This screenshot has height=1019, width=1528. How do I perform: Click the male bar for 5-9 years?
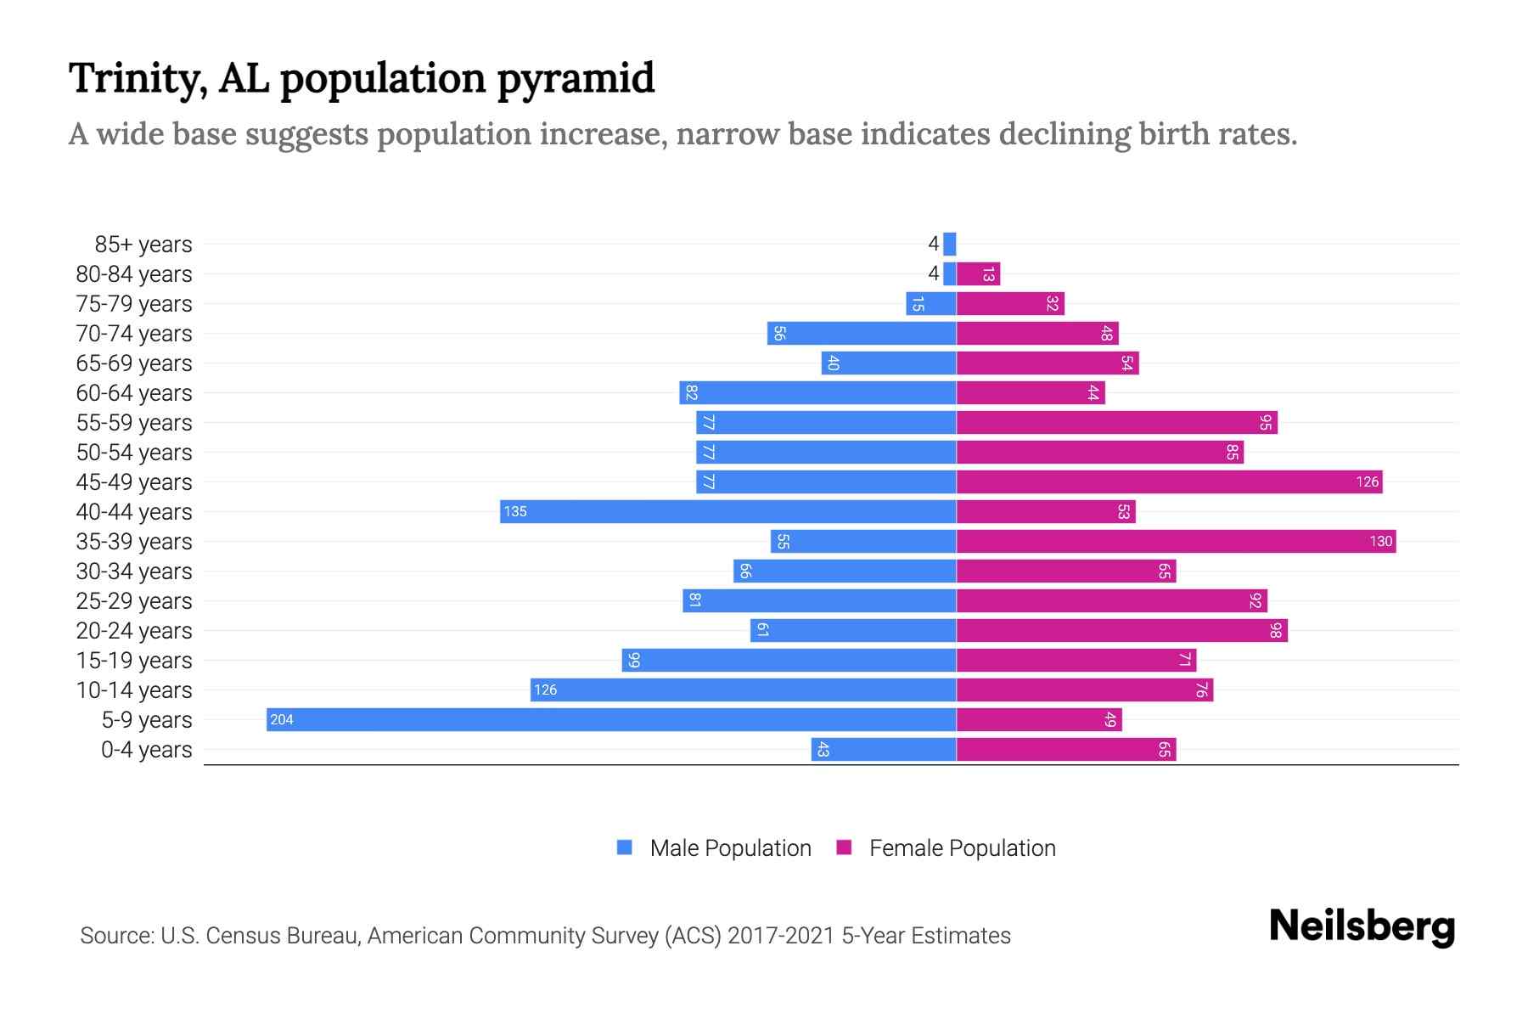(611, 719)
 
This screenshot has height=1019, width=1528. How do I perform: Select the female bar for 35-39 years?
(1176, 541)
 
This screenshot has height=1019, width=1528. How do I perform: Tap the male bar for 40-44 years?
(727, 511)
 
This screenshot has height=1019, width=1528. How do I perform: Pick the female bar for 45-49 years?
(1169, 481)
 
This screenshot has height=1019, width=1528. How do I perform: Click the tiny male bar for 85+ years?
(949, 244)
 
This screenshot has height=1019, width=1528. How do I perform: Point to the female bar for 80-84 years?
(978, 273)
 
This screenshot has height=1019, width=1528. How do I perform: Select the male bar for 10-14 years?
(743, 690)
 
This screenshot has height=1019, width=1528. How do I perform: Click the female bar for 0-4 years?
(1065, 749)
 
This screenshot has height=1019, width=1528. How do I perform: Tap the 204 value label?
(281, 720)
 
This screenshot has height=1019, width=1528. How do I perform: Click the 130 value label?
(1380, 542)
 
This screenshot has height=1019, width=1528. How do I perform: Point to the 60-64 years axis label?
(134, 393)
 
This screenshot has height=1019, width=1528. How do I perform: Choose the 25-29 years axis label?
(134, 601)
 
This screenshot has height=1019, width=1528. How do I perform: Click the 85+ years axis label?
(143, 245)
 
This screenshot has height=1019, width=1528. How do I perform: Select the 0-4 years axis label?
(146, 750)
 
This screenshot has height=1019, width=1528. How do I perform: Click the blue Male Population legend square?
(625, 847)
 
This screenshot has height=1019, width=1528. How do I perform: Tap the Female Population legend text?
(962, 847)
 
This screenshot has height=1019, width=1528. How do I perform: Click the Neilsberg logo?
(1362, 926)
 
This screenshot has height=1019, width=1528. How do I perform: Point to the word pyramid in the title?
(576, 79)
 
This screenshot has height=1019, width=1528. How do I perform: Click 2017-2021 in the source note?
(781, 936)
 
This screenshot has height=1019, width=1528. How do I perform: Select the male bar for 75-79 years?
(930, 303)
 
